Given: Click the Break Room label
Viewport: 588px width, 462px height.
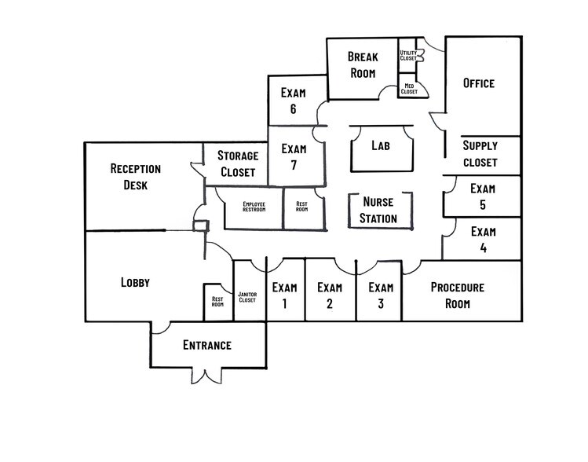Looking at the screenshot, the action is (x=363, y=64).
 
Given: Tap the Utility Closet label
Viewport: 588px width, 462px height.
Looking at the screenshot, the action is (x=408, y=56).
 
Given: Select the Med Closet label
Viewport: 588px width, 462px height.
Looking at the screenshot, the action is (x=409, y=89).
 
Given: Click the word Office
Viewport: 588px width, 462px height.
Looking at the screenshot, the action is (x=479, y=83).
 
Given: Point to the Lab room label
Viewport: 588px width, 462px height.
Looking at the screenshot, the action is (x=381, y=145).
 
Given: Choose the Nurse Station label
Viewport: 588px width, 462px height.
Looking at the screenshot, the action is (x=378, y=210).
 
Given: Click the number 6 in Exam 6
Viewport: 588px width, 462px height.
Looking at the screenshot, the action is (x=293, y=109).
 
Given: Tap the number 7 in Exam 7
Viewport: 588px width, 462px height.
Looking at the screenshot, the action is (x=294, y=165).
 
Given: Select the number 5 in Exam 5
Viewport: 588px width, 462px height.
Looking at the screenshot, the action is (x=483, y=204).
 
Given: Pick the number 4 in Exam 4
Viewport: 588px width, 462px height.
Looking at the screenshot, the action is (x=484, y=247).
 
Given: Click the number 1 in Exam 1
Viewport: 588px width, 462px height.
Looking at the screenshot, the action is (x=285, y=303).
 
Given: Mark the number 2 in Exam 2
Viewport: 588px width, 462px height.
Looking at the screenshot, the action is (x=330, y=303).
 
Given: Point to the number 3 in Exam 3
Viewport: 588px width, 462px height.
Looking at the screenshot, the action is (x=381, y=303).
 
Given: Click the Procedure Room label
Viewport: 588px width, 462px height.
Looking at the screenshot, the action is (x=458, y=295).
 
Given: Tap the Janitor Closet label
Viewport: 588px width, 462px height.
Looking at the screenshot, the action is (x=247, y=297).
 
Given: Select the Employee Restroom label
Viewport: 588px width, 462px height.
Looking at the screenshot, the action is (x=254, y=207).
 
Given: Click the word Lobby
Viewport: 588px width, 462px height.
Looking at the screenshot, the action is (x=135, y=282).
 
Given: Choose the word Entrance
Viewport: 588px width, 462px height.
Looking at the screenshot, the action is (x=207, y=345).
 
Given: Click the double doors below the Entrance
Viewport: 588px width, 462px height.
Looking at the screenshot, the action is (x=206, y=376).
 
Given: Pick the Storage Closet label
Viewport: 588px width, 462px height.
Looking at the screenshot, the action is (x=238, y=163).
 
